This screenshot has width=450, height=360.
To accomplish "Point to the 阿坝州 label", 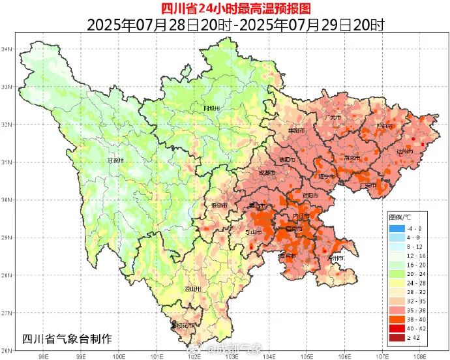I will pos(211,108).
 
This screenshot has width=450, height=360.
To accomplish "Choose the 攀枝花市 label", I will pos(183,325).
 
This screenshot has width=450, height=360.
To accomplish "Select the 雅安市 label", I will pos(219,205).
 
